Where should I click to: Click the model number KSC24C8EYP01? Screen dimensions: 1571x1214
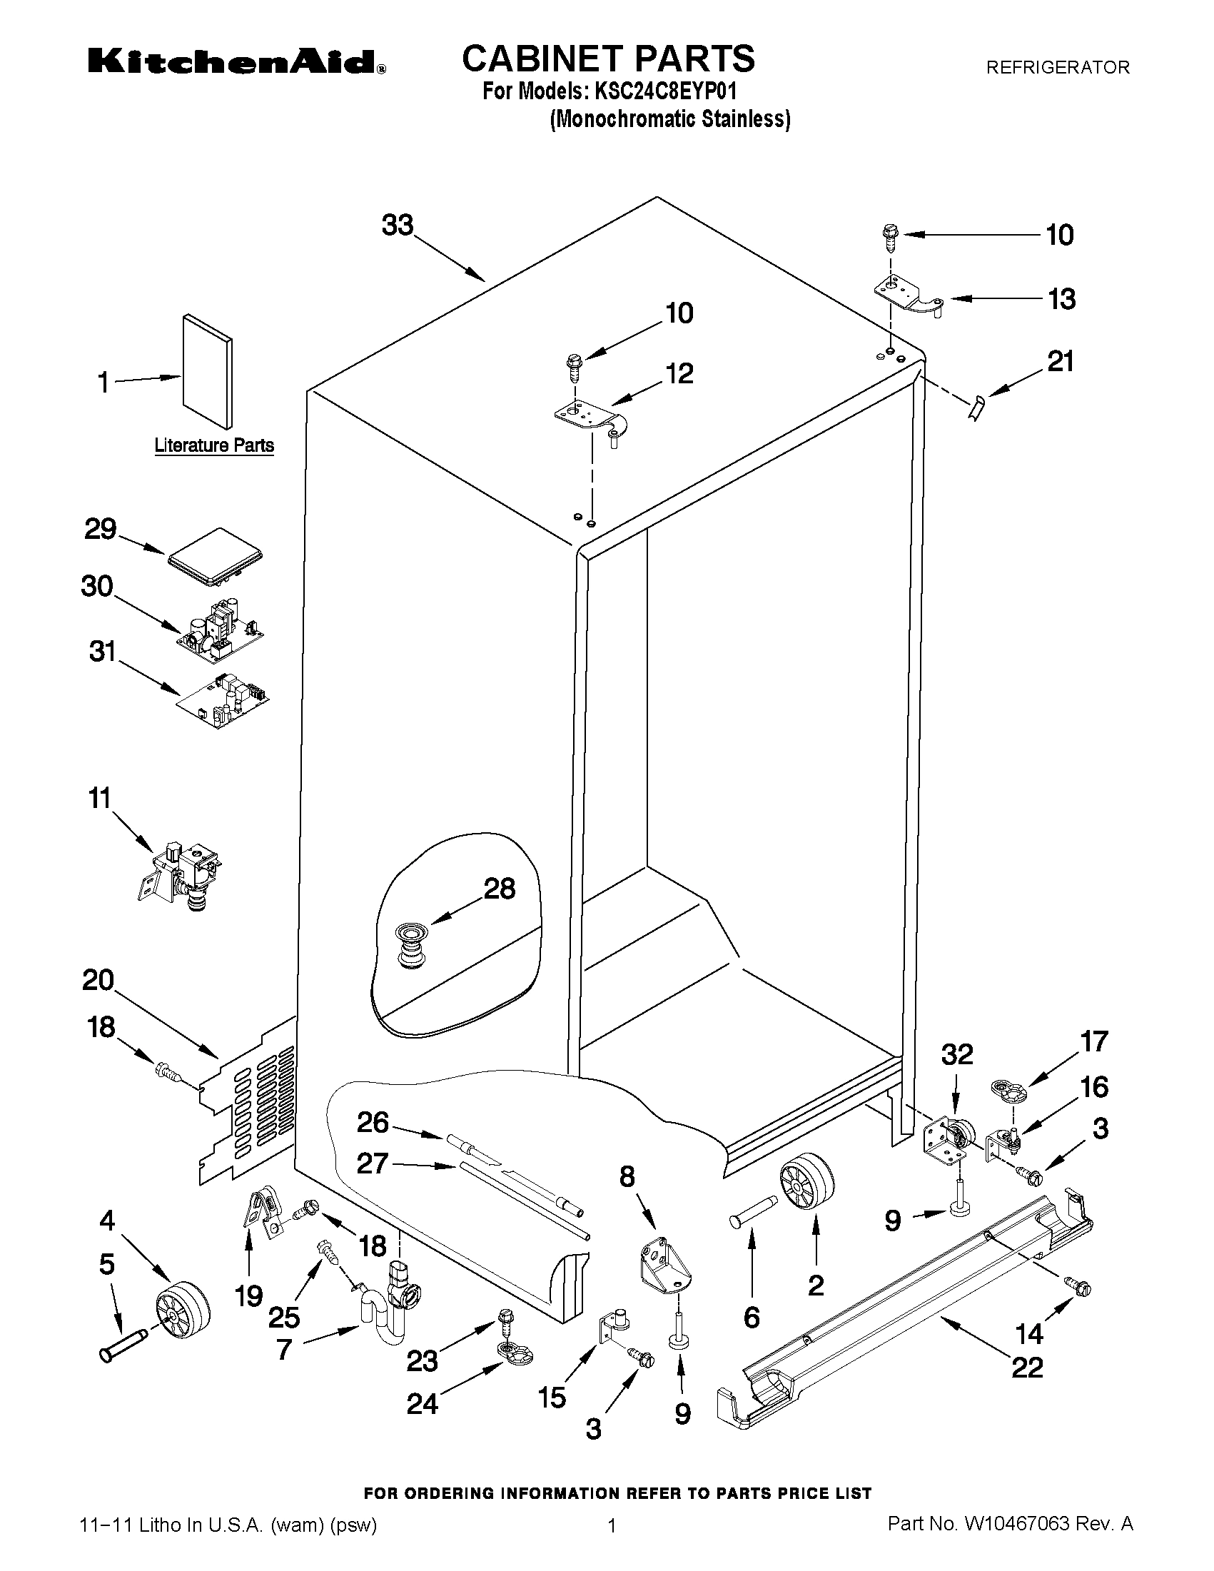(664, 91)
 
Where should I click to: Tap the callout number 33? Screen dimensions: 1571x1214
(398, 225)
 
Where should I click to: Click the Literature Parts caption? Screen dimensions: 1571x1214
(214, 445)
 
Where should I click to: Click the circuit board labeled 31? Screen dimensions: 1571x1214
(223, 697)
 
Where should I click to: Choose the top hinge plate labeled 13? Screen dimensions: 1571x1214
(908, 296)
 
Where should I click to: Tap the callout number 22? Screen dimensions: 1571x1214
(1027, 1367)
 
